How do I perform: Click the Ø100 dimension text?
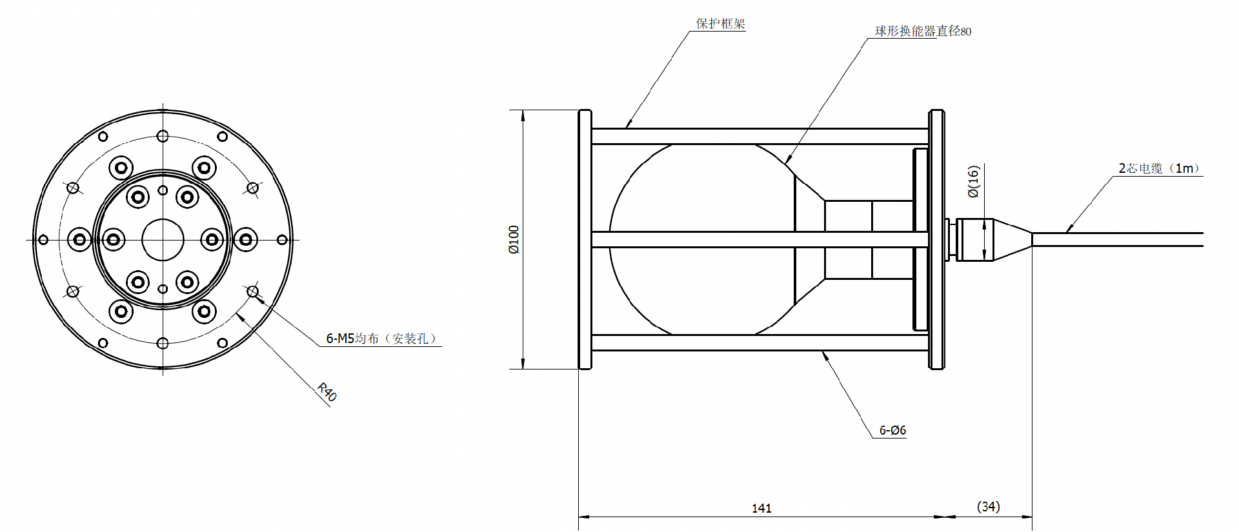click(x=514, y=240)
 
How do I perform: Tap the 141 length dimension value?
click(x=761, y=508)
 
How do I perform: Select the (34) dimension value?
click(x=989, y=507)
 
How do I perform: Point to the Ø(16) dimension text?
click(x=974, y=181)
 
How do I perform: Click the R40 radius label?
click(x=327, y=392)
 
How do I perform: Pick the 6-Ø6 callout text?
click(x=892, y=430)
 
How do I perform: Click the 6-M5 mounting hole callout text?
click(x=381, y=339)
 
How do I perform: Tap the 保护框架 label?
click(x=720, y=24)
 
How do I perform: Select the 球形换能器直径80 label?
click(x=923, y=31)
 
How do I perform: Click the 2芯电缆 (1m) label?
click(x=1160, y=168)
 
